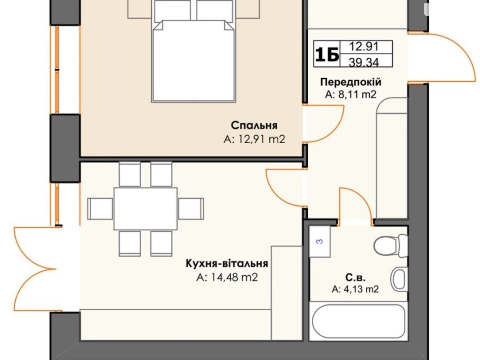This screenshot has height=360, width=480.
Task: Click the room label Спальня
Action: tap(254, 126)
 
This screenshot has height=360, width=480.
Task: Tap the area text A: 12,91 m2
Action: tap(254, 139)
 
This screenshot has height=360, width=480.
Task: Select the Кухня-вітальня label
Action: tap(227, 263)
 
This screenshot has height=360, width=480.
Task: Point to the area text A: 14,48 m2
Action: tap(227, 277)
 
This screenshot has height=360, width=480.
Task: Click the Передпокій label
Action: tap(351, 82)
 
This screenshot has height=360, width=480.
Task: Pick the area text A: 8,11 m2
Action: tap(351, 94)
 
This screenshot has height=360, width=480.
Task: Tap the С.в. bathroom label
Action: tap(355, 277)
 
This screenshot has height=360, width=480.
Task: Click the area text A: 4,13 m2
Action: tap(355, 289)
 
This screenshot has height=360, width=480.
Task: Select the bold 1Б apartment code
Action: tap(327, 54)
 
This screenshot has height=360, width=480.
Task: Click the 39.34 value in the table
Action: tap(364, 62)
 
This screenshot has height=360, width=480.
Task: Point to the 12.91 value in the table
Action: tap(364, 46)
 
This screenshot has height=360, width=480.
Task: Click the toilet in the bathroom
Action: tap(390, 245)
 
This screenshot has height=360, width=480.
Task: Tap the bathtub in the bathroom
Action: tap(358, 321)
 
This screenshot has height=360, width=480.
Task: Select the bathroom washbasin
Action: tap(399, 279)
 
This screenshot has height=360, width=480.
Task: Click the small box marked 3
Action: tap(319, 241)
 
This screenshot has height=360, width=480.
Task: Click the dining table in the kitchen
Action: tap(145, 208)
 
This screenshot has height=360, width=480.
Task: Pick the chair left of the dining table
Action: tap(100, 209)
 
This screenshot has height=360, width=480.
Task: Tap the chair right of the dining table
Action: tap(191, 209)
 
